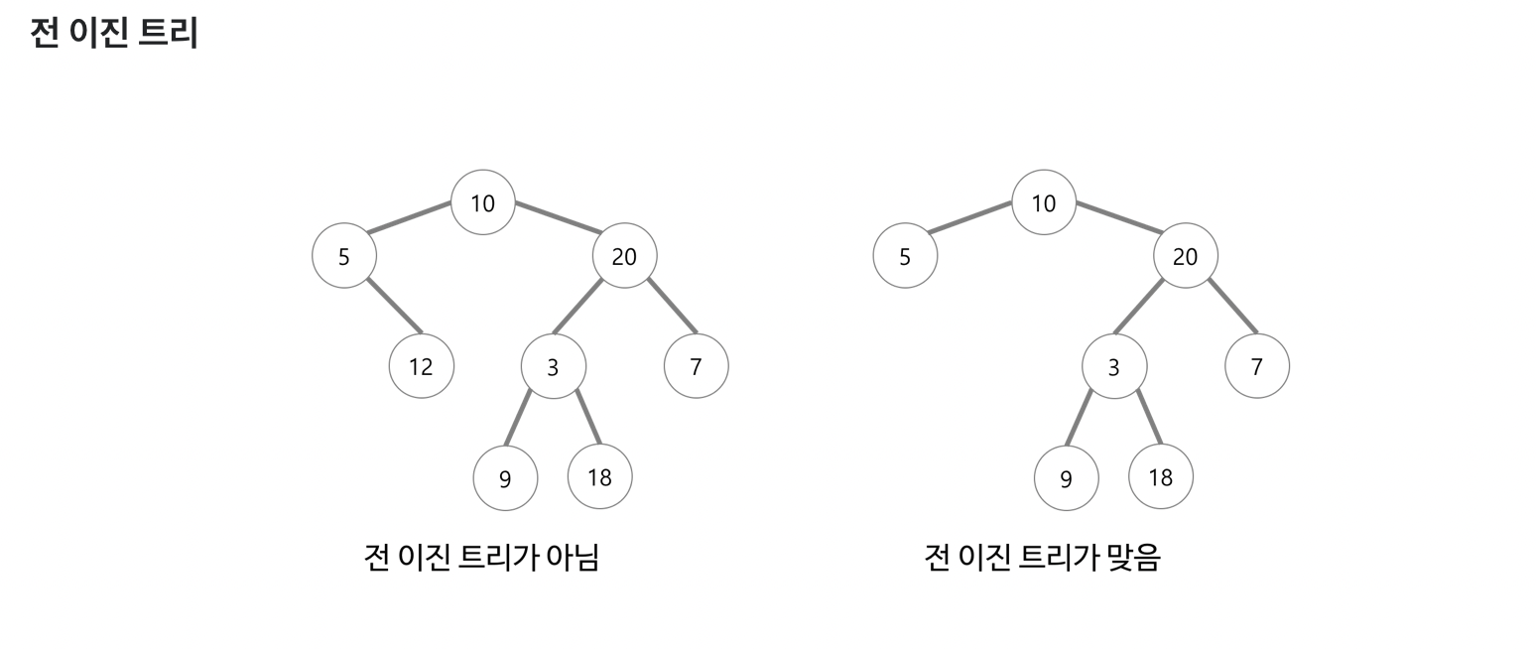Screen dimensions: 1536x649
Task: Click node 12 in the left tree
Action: pos(422,366)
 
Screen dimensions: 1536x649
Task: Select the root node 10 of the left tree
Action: pos(483,202)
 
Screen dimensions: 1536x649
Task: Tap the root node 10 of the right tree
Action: pos(1044,202)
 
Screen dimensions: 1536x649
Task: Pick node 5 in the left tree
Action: pos(344,256)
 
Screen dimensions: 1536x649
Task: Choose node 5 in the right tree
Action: pos(905,256)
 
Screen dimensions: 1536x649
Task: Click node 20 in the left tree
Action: pos(624,256)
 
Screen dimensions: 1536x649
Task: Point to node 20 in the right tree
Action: pos(1185,256)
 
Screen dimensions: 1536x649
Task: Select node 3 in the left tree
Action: pos(554,366)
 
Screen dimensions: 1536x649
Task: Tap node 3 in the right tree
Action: pos(1114,366)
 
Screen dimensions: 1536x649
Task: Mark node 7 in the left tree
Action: pos(696,366)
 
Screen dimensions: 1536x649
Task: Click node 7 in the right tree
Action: pos(1257,366)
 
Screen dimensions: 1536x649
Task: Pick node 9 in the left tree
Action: pos(505,478)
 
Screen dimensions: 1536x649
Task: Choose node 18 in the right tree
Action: pos(1160,477)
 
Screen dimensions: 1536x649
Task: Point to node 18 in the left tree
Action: pos(599,477)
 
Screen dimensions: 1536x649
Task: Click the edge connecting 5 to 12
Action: pos(394,306)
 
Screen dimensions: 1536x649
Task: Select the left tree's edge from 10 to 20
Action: pos(559,217)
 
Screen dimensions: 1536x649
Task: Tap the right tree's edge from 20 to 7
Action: pos(1233,306)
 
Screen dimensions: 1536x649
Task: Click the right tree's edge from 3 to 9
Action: pos(1079,418)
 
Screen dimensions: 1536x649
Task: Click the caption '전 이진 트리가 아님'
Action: pos(481,557)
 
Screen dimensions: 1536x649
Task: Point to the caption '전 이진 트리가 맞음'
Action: pos(1042,557)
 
